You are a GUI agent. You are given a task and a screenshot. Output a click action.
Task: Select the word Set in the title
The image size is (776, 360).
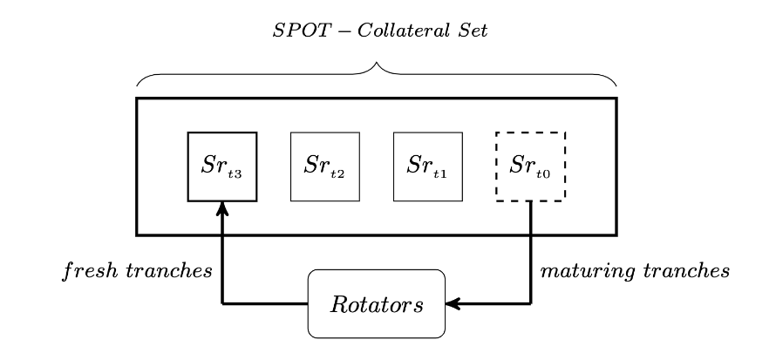pos(473,31)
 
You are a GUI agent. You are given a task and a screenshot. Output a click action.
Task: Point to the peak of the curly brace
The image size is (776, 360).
pos(377,63)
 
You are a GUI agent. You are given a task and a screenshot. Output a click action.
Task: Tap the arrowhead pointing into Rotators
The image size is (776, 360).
pos(453,303)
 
